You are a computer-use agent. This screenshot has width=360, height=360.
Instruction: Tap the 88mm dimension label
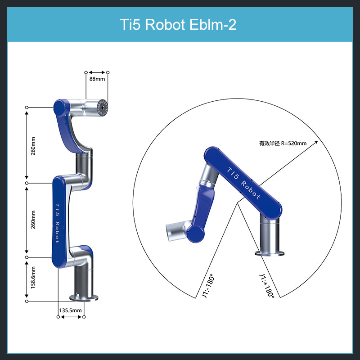(x=97, y=79)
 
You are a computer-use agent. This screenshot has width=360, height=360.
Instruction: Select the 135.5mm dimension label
(x=71, y=310)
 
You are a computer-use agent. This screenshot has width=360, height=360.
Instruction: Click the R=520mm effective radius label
(x=283, y=144)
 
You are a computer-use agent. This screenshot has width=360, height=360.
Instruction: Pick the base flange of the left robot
(x=85, y=297)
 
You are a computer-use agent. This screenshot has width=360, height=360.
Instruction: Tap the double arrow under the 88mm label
(x=97, y=72)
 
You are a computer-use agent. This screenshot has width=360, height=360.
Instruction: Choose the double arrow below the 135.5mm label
(x=71, y=317)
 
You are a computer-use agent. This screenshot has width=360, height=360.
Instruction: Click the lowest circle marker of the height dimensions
(x=27, y=301)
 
